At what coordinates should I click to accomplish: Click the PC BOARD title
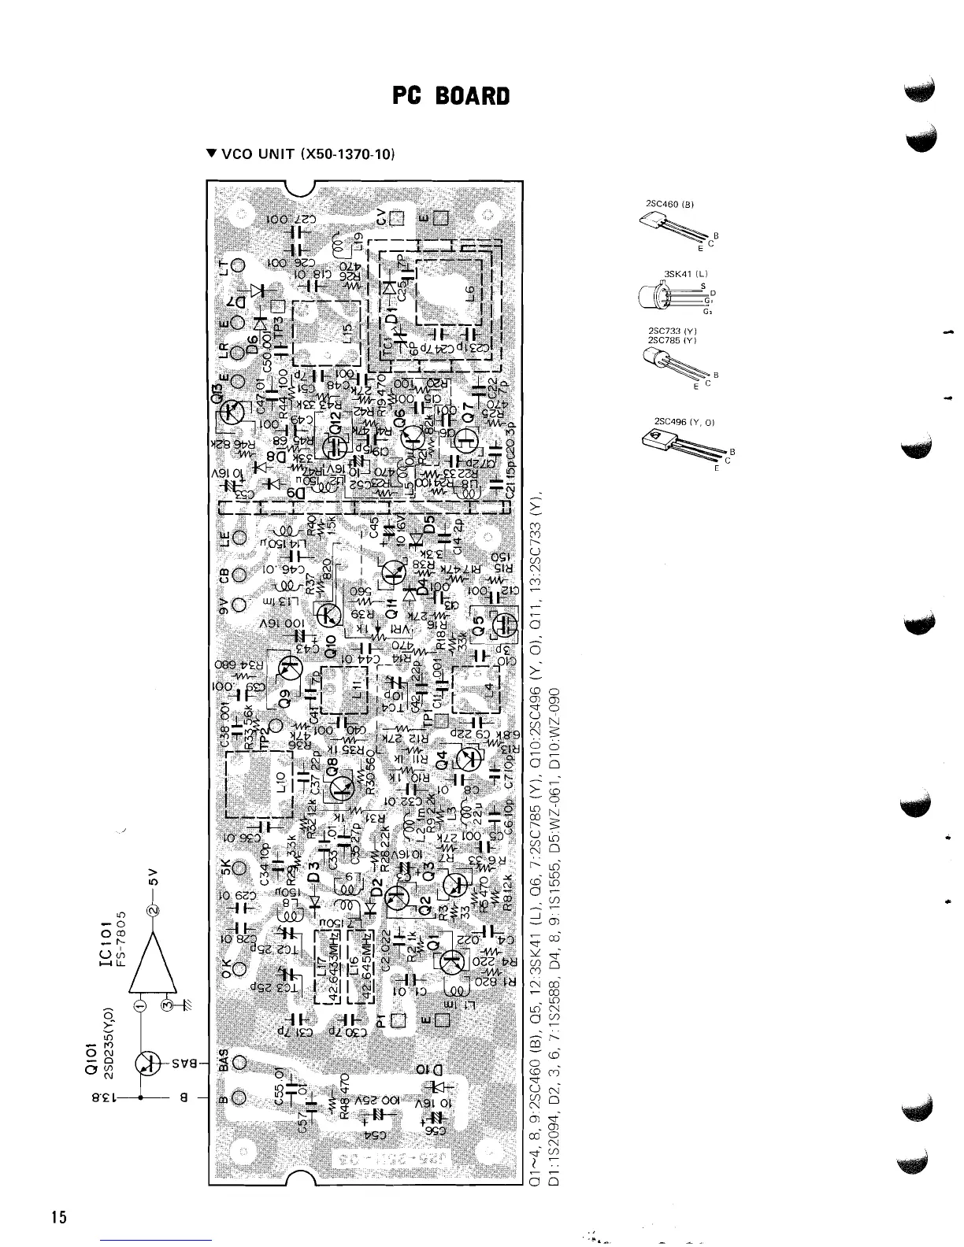[451, 97]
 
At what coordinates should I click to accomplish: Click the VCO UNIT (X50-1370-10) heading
[298, 154]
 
